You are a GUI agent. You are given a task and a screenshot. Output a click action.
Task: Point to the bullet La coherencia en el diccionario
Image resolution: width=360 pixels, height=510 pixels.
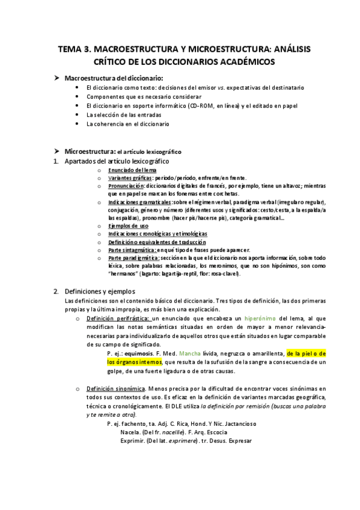[x=128, y=124]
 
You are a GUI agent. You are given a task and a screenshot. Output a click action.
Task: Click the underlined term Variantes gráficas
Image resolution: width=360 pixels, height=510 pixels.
[x=130, y=178]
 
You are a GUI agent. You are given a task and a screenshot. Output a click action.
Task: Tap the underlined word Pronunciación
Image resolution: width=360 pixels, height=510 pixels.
[x=128, y=186]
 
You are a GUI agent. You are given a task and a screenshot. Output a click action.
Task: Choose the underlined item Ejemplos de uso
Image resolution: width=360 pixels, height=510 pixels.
[x=128, y=226]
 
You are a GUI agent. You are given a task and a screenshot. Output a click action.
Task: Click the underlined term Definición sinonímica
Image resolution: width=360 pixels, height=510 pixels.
[x=115, y=389]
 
